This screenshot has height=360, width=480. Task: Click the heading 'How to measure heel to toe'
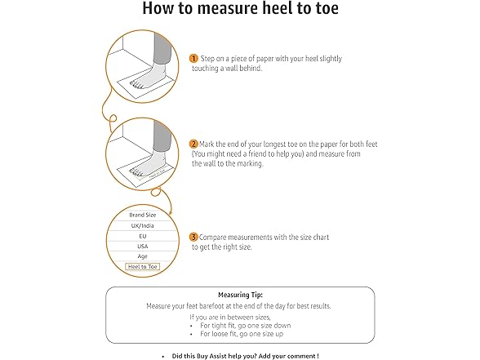click(239, 10)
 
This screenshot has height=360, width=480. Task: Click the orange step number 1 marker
click(193, 59)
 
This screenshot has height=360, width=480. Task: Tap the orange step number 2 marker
click(193, 143)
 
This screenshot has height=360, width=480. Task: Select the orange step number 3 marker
click(193, 237)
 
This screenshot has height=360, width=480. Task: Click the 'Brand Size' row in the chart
click(143, 215)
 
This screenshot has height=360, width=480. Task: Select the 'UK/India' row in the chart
click(143, 225)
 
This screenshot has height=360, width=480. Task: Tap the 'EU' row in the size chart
click(143, 236)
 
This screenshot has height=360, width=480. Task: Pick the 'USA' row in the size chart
click(143, 246)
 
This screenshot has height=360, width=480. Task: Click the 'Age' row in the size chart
click(143, 256)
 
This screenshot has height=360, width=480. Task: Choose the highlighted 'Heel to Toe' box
click(143, 267)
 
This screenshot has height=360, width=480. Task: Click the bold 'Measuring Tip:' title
click(239, 294)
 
